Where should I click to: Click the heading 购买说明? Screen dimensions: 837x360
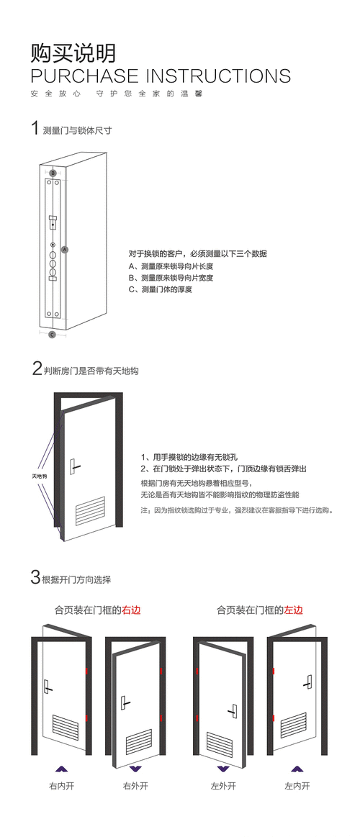(x=73, y=53)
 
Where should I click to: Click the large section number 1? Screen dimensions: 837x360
(x=34, y=129)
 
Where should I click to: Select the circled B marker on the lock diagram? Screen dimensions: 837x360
(x=53, y=173)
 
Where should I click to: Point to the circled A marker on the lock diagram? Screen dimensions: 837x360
(x=65, y=249)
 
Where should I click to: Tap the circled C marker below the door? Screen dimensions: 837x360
(x=52, y=335)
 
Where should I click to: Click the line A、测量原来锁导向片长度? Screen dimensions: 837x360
(x=171, y=266)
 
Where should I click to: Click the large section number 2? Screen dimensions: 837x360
(x=37, y=369)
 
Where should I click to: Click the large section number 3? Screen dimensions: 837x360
(x=35, y=577)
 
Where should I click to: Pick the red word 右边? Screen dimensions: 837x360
(x=131, y=610)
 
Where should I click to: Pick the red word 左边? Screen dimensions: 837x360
(x=293, y=610)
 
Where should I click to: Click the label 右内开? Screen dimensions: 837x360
(x=61, y=786)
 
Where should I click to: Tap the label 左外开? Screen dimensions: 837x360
(x=223, y=786)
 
